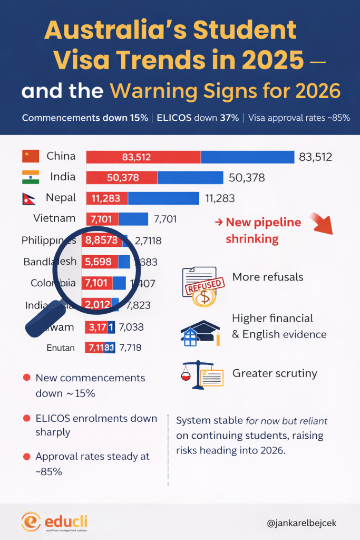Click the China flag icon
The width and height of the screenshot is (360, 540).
point(31,156)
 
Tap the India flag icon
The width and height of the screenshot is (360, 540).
point(31,177)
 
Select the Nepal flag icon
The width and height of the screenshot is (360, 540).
point(30,198)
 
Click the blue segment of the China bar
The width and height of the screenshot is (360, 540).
point(247,157)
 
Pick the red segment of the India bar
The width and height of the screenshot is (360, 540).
point(122,177)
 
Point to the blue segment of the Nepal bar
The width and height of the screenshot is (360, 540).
point(163,198)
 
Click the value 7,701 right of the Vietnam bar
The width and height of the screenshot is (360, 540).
point(165,219)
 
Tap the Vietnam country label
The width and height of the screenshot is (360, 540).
point(54,218)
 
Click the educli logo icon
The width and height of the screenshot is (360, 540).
point(32,522)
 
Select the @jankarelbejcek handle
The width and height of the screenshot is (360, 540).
point(301,523)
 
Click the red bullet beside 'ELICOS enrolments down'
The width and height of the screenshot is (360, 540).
point(26,419)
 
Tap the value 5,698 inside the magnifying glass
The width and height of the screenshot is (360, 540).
point(100,261)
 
